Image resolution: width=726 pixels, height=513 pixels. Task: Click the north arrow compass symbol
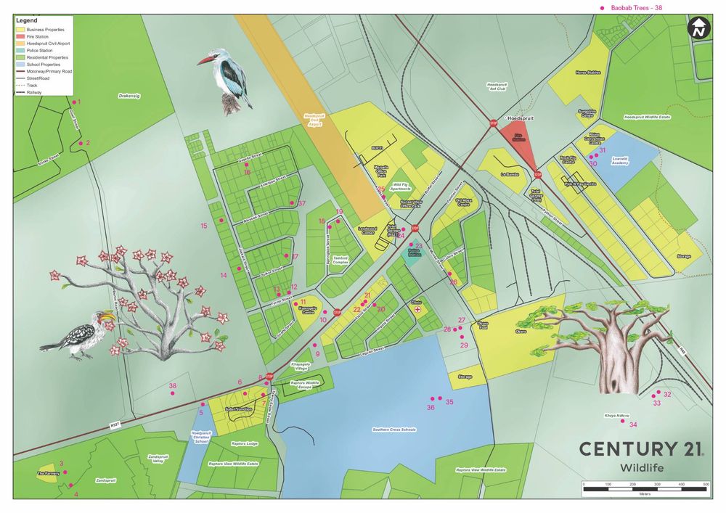pos(698,30)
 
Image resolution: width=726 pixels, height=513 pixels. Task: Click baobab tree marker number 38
pos(172,394)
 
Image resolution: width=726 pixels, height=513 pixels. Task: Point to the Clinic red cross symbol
pos(417,310)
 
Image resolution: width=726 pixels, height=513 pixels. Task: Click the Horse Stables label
pos(589,73)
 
